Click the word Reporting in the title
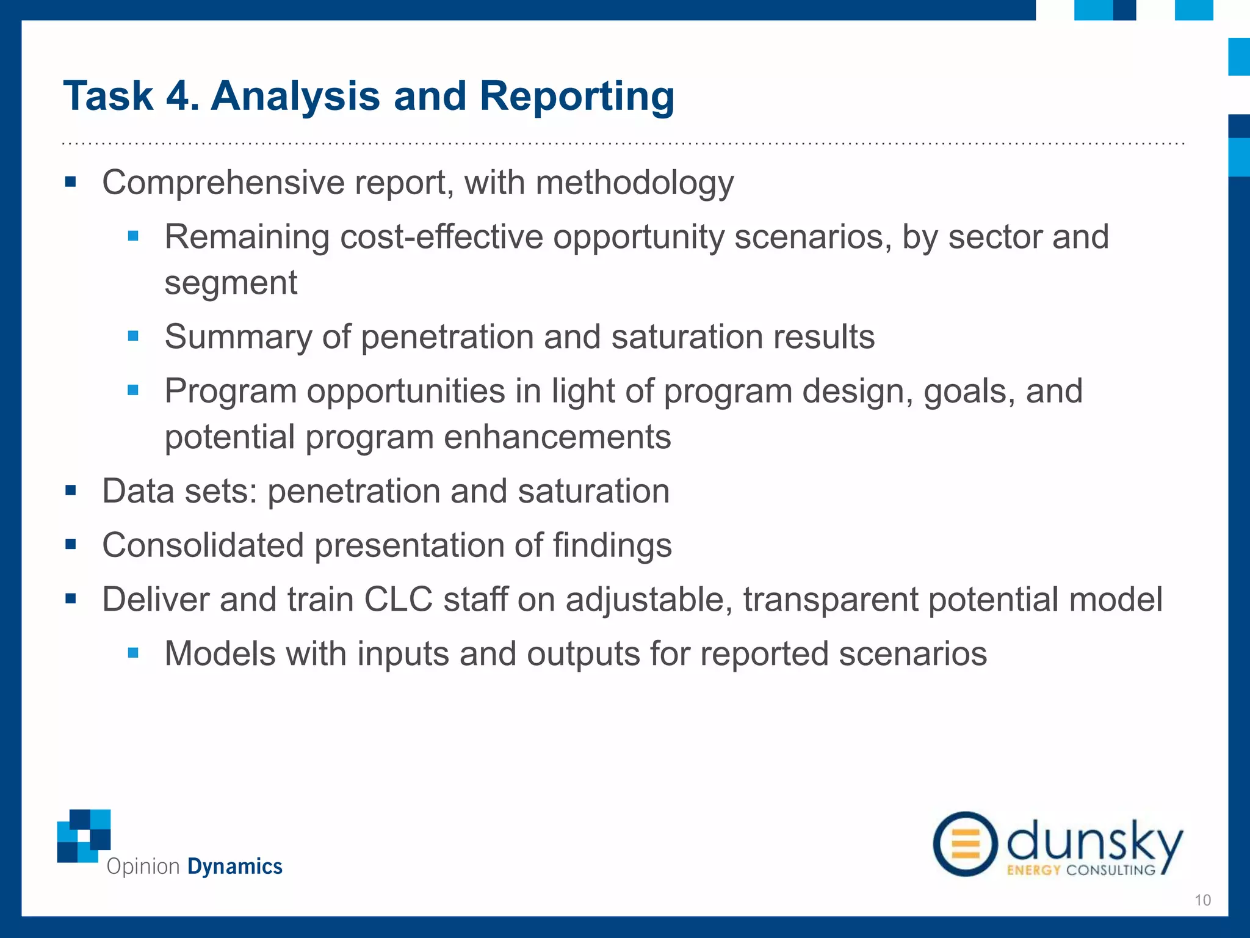click(577, 96)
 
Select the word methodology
click(634, 183)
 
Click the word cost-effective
click(441, 237)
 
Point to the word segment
click(231, 283)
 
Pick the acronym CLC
click(399, 600)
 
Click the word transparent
click(830, 600)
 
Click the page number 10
click(1202, 900)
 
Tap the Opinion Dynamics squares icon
click(84, 835)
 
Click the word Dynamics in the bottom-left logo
click(234, 867)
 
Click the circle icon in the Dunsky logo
click(965, 844)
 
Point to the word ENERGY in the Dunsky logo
click(1033, 870)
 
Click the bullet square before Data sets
click(71, 490)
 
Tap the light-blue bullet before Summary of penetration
click(133, 336)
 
